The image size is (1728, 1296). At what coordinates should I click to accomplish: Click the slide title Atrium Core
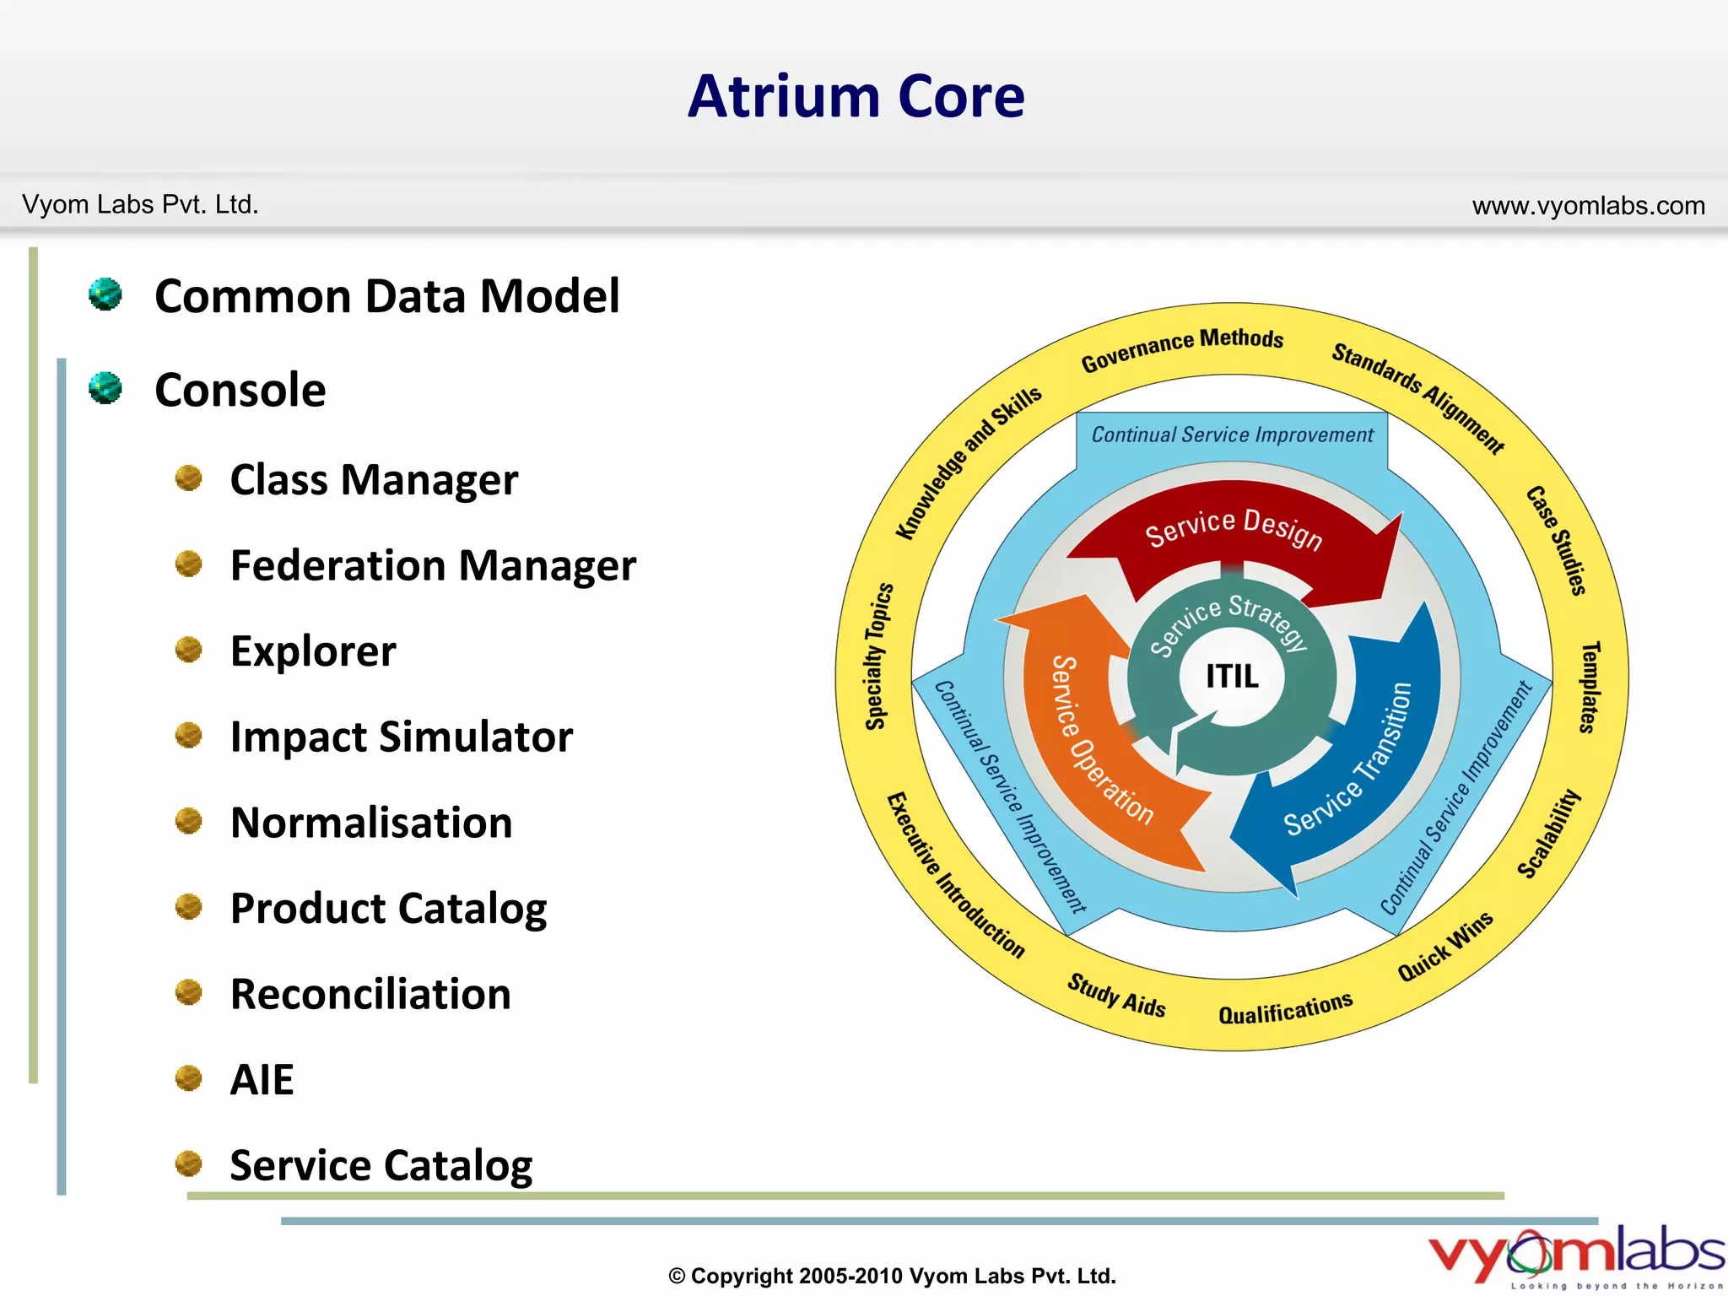(x=856, y=96)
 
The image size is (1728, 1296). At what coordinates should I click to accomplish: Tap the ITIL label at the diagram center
(x=1231, y=676)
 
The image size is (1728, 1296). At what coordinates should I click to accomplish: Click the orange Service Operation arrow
(x=1097, y=742)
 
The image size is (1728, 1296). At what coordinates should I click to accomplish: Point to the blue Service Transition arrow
(x=1350, y=759)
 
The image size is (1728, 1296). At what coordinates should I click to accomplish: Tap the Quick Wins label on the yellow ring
(x=1444, y=947)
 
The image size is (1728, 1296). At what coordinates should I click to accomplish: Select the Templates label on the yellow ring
(x=1589, y=687)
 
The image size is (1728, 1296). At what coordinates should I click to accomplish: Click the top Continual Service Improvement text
(x=1232, y=435)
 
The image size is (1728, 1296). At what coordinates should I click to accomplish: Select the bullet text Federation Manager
(x=433, y=565)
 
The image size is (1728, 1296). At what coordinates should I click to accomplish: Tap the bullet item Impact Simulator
(x=402, y=737)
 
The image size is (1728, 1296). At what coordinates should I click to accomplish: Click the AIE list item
(x=262, y=1080)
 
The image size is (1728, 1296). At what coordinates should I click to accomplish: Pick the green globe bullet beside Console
(x=105, y=389)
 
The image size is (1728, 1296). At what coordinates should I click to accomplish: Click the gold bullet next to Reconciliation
(x=188, y=992)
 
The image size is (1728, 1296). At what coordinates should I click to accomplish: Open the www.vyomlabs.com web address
(x=1588, y=206)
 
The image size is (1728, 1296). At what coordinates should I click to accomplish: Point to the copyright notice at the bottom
(x=892, y=1276)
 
